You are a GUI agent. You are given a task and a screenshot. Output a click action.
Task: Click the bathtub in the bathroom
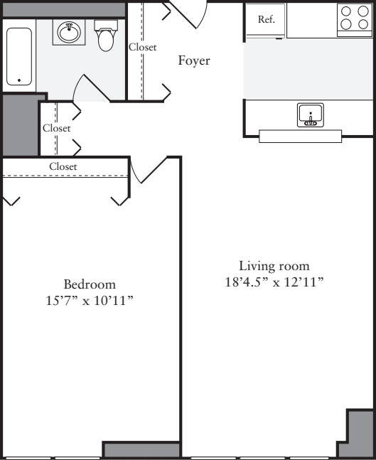[19, 57]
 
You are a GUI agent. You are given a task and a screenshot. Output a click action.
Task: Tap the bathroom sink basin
[69, 32]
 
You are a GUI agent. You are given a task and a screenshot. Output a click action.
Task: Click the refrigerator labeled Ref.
[266, 20]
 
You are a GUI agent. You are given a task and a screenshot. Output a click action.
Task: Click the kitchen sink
[311, 114]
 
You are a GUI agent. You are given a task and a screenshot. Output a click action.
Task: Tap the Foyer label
[193, 61]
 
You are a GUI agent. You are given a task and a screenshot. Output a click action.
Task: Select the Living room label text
[274, 266]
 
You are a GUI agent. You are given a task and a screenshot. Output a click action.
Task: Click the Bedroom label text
[89, 284]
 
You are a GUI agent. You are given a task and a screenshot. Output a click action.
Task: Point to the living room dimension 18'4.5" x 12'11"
[274, 282]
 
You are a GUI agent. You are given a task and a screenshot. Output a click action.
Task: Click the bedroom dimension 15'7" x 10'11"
[89, 300]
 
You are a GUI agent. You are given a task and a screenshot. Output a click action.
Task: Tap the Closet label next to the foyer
[143, 48]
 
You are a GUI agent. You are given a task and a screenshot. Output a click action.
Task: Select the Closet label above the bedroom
[63, 166]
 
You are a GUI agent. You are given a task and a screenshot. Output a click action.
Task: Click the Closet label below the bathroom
[56, 129]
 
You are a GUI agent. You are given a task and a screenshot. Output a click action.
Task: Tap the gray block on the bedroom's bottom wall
[141, 450]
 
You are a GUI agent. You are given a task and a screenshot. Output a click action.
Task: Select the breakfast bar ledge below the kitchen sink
[300, 137]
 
